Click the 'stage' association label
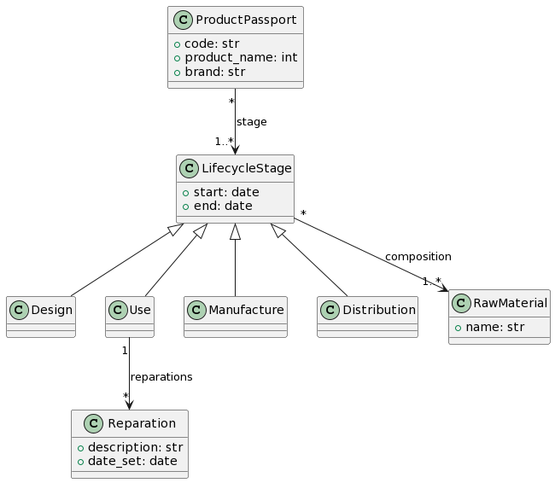251,122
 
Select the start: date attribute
221,191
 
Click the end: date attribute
218,206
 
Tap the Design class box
41,316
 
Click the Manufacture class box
235,316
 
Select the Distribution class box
367,316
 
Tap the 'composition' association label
418,257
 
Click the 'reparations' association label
161,376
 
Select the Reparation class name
143,424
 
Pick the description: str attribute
136,446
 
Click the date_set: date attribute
132,461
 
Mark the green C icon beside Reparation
90,424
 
